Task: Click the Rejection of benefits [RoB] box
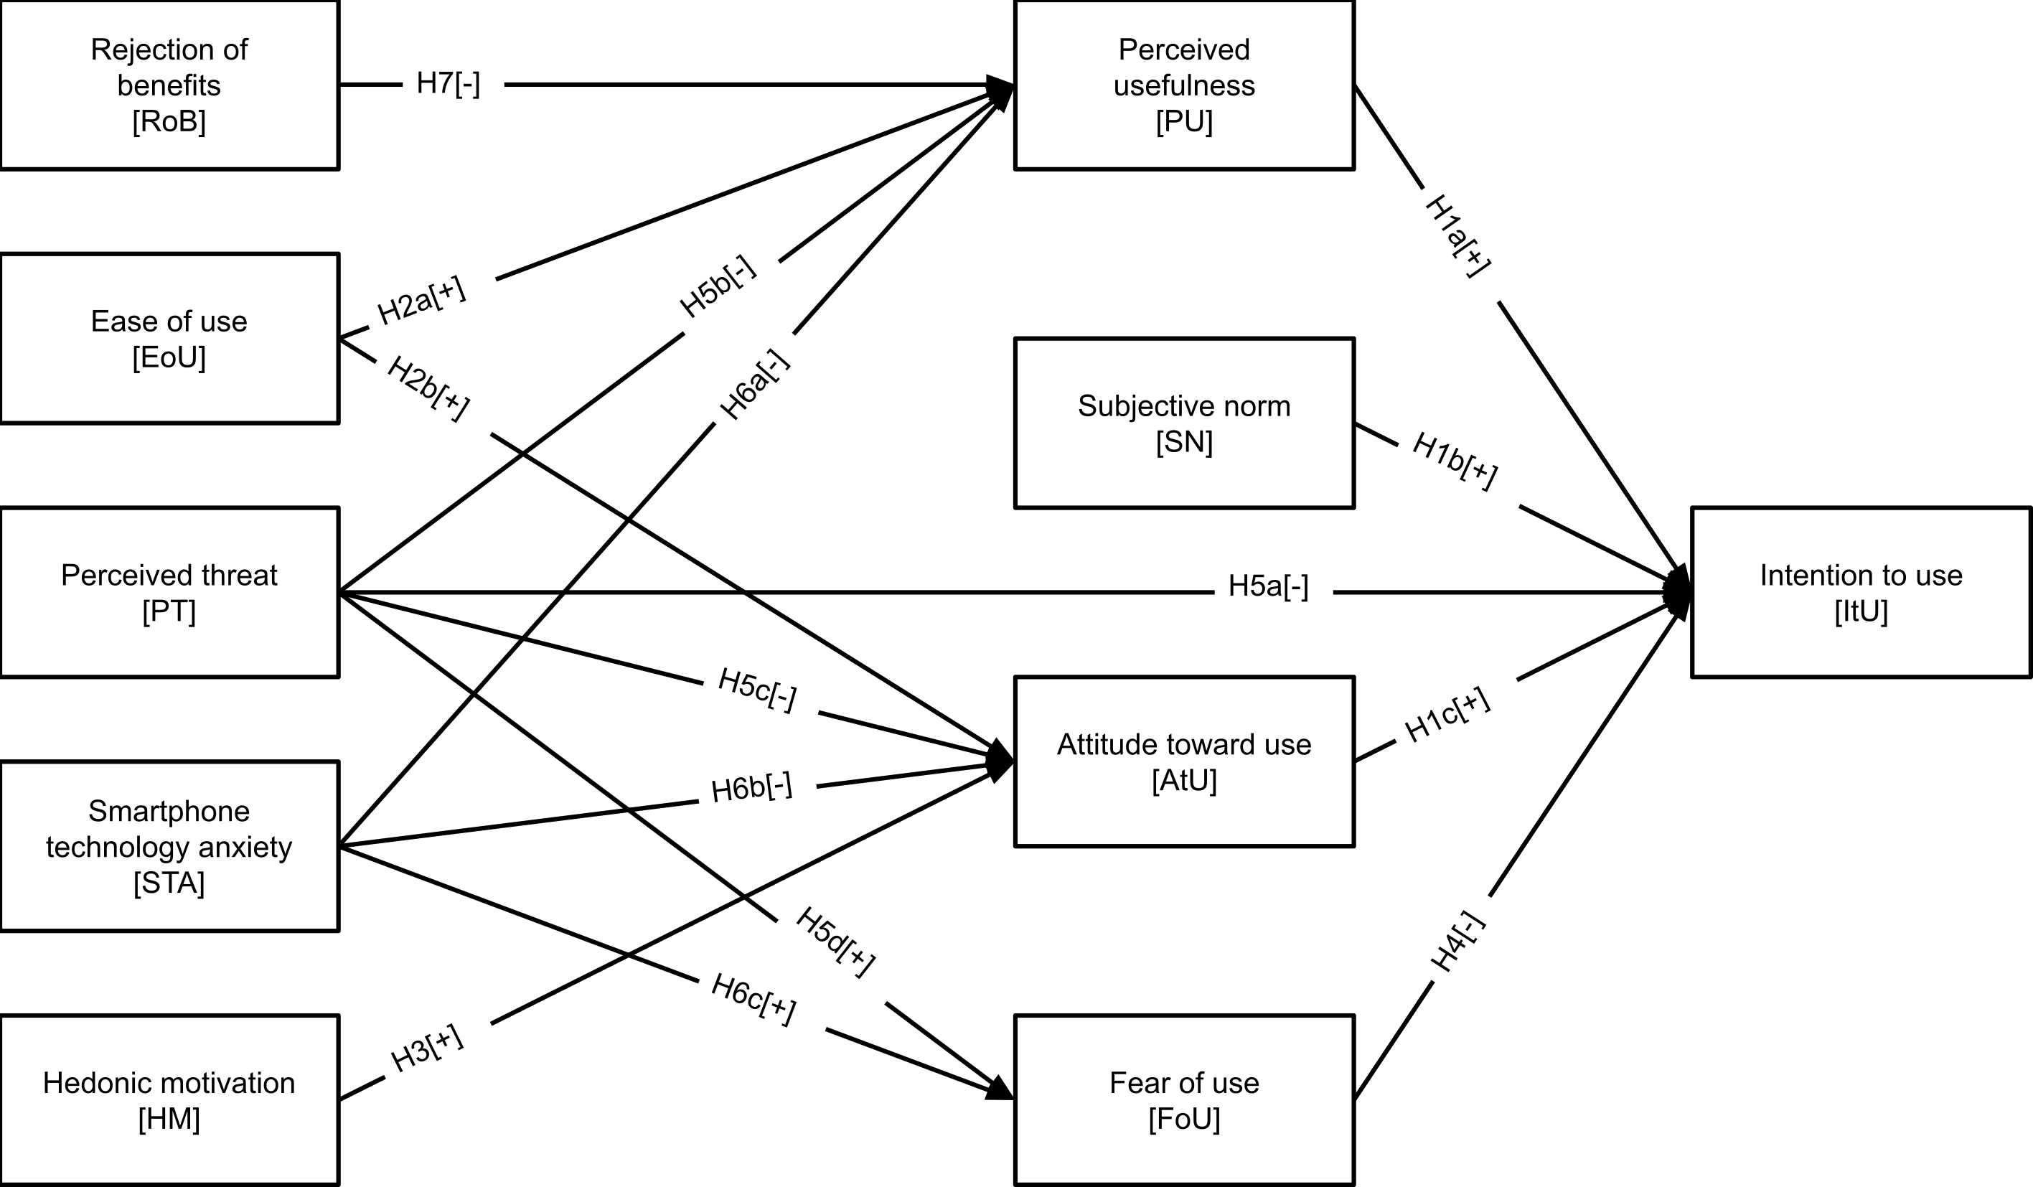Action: (x=169, y=85)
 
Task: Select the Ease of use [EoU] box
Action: (x=169, y=338)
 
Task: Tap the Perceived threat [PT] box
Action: (x=169, y=592)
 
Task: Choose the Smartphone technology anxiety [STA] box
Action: (x=169, y=847)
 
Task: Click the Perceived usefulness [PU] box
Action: (x=1183, y=85)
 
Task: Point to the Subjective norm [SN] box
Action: (x=1183, y=423)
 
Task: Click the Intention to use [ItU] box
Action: (x=1860, y=592)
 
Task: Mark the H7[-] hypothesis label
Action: (x=449, y=83)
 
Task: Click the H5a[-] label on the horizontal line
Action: (x=1268, y=586)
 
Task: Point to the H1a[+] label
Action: (x=1457, y=236)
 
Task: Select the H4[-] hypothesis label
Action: (x=1457, y=942)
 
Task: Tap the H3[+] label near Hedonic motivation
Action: (x=427, y=1048)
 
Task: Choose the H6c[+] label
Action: (x=753, y=1000)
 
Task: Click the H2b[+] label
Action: (x=428, y=388)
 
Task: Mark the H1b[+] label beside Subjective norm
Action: (x=1455, y=461)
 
